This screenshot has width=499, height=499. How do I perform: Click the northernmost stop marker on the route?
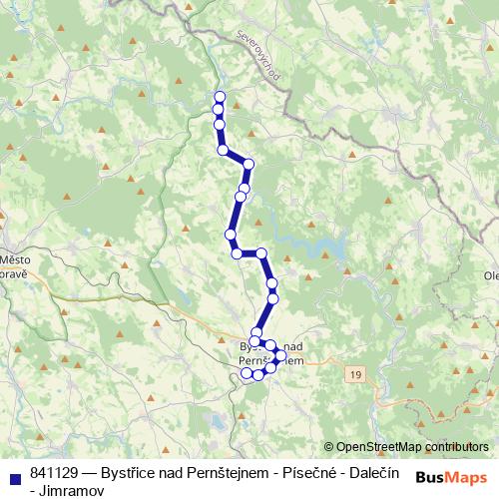220,97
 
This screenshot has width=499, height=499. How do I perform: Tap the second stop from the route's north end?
218,109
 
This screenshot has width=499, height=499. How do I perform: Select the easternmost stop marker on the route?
280,355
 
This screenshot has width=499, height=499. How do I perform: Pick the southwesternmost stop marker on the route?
247,374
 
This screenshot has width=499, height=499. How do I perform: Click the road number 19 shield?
355,373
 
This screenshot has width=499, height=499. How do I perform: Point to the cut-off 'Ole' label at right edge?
490,275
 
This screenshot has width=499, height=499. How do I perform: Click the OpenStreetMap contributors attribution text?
412,447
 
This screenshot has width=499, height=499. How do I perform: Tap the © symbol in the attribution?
328,447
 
